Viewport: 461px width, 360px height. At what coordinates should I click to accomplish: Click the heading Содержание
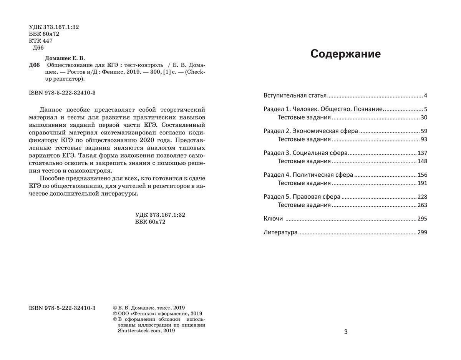tap(345, 54)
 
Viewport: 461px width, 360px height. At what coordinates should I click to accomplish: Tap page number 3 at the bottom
tap(346, 332)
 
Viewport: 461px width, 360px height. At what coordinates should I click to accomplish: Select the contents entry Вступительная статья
tap(295, 95)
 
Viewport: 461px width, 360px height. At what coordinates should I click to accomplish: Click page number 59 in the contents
tap(424, 131)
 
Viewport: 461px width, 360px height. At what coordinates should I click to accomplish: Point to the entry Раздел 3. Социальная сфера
tap(305, 153)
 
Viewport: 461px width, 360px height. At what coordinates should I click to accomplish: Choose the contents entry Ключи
tap(273, 219)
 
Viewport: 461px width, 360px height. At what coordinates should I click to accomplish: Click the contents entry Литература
tap(280, 232)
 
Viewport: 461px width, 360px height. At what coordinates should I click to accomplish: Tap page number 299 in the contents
tap(422, 232)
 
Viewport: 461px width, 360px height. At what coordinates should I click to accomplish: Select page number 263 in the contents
tap(422, 205)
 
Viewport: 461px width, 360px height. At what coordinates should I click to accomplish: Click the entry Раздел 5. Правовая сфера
tap(302, 197)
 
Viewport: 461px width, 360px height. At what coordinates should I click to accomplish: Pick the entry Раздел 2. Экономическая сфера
tap(311, 131)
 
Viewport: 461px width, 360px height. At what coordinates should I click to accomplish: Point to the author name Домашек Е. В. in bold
tap(65, 58)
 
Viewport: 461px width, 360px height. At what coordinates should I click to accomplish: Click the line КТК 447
tap(41, 41)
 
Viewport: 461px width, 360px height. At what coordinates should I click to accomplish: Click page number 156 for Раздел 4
tap(422, 175)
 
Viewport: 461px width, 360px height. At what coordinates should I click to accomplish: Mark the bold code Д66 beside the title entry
tap(34, 65)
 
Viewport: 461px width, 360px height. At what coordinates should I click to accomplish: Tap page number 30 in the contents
tap(424, 118)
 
